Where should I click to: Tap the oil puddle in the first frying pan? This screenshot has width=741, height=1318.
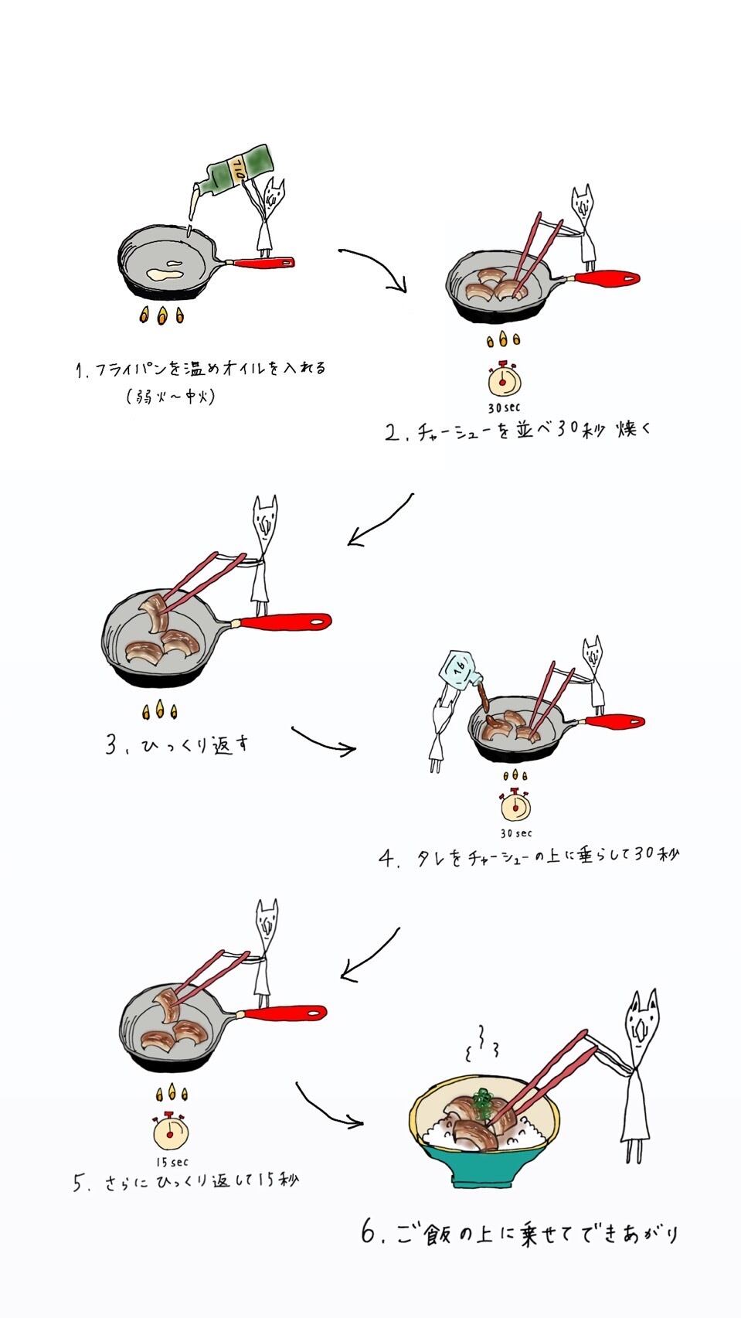point(165,271)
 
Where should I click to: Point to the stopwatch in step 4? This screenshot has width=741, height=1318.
point(515,804)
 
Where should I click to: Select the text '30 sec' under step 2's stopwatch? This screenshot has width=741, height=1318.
point(504,407)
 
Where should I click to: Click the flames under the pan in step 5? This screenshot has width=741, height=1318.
point(172,1092)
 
